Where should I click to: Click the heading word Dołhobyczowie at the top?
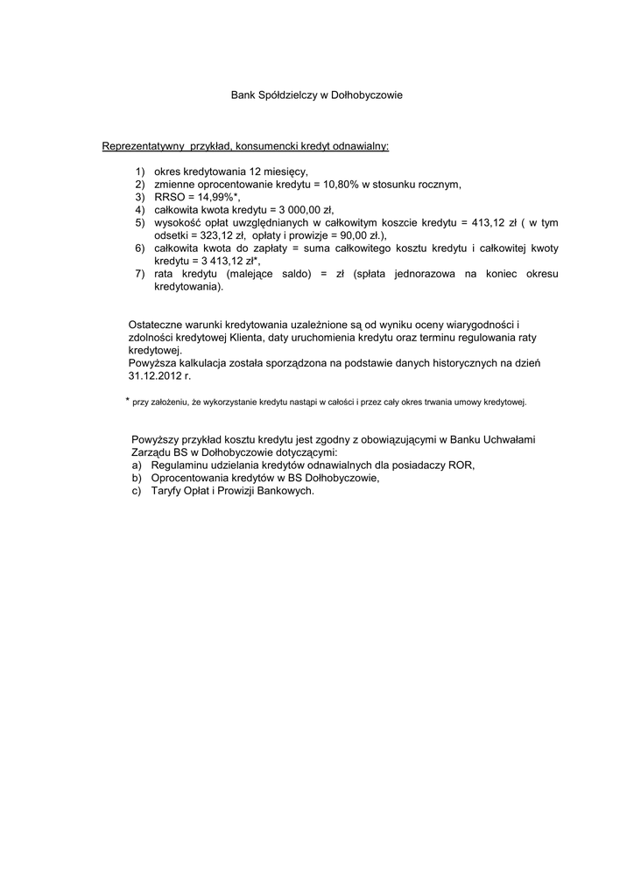pyautogui.click(x=367, y=94)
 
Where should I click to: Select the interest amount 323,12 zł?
pyautogui.click(x=216, y=235)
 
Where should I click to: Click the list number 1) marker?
pyautogui.click(x=140, y=172)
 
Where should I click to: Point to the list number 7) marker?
pyautogui.click(x=140, y=274)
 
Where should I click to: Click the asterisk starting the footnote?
pyautogui.click(x=128, y=400)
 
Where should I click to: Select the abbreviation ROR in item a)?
pyautogui.click(x=461, y=465)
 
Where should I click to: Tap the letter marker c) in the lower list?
pyautogui.click(x=137, y=491)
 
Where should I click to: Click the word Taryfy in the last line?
pyautogui.click(x=166, y=491)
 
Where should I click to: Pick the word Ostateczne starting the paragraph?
pyautogui.click(x=158, y=325)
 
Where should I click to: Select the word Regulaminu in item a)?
pyautogui.click(x=178, y=465)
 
